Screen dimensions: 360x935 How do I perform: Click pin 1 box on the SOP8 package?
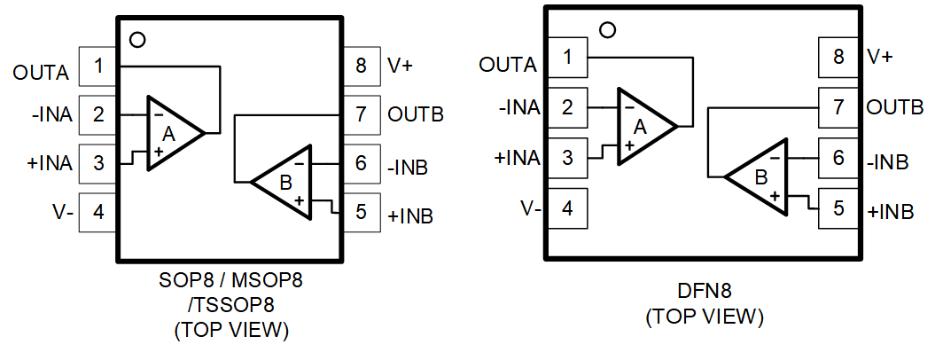click(98, 66)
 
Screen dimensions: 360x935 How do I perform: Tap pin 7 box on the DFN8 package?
click(838, 107)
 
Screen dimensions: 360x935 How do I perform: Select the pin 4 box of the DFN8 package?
click(566, 208)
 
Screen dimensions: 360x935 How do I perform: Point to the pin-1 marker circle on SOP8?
click(136, 39)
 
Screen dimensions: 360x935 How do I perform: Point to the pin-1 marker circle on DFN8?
click(607, 31)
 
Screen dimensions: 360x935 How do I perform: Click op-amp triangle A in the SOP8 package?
click(170, 133)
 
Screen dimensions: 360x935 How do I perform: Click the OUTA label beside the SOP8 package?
click(41, 74)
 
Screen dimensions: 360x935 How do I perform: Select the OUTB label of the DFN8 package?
click(895, 107)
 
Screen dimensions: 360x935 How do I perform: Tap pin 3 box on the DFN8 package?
click(566, 158)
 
